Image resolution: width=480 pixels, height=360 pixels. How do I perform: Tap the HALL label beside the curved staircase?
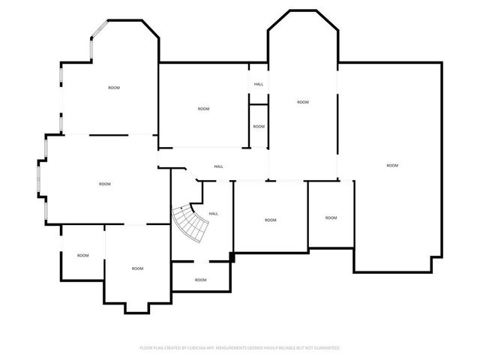tap(213, 214)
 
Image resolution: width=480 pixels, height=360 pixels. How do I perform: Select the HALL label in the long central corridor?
tap(218, 166)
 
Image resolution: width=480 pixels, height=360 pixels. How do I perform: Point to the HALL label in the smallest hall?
tap(259, 84)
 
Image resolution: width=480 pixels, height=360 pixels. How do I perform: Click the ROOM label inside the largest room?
tap(392, 166)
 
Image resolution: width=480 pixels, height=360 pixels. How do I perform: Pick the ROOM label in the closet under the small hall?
tap(259, 127)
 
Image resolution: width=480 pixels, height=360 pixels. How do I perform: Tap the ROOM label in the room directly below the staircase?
tap(200, 280)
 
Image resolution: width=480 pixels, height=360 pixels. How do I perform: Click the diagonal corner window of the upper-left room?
tap(100, 28)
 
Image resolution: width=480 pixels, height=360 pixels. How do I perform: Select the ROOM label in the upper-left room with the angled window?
tap(114, 88)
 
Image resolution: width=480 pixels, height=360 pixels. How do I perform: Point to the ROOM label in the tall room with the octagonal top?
tap(303, 102)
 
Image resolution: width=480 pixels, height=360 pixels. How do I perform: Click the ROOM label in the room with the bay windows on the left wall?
tap(105, 184)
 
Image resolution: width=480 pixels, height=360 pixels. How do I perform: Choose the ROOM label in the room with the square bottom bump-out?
tap(137, 268)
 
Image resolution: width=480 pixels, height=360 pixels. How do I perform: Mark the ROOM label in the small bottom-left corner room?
tap(83, 255)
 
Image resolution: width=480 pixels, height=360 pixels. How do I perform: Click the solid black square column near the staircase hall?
tap(232, 257)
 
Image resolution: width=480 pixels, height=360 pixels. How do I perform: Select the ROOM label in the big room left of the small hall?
tap(203, 109)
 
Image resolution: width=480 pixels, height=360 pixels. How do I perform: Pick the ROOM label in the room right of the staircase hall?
tap(270, 220)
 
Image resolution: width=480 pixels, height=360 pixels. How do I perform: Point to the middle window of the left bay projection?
tap(39, 178)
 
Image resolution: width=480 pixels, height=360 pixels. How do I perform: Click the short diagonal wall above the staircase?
tap(191, 174)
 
